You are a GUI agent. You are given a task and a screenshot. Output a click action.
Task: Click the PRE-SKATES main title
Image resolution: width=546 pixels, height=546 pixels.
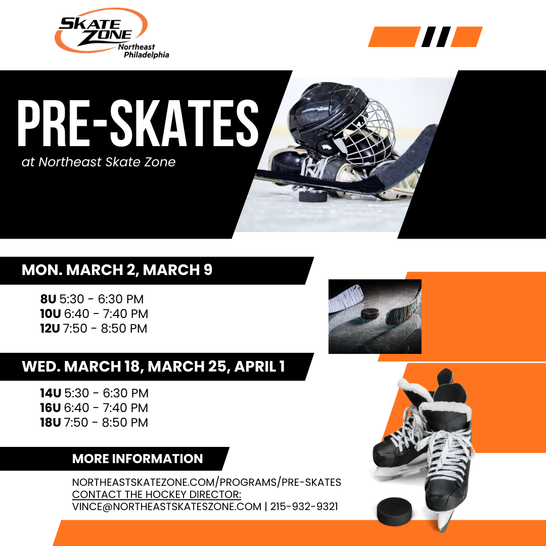pyautogui.click(x=138, y=122)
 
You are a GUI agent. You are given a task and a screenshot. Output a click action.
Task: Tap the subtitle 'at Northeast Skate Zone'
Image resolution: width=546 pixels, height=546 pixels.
pyautogui.click(x=99, y=162)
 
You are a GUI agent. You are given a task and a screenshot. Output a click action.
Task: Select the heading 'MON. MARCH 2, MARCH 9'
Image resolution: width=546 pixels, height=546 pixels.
pyautogui.click(x=117, y=270)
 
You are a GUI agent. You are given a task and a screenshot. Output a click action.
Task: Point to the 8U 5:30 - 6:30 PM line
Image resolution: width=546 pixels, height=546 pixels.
pyautogui.click(x=92, y=299)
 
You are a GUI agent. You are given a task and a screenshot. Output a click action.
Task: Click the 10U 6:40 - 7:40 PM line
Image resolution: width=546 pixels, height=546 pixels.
pyautogui.click(x=94, y=314)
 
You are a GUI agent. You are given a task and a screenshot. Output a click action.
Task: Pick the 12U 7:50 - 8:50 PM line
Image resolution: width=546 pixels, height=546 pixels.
pyautogui.click(x=94, y=329)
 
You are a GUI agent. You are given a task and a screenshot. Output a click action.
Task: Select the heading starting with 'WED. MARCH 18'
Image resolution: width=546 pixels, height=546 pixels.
pyautogui.click(x=153, y=367)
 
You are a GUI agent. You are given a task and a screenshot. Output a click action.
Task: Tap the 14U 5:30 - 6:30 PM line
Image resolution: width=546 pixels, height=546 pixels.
pyautogui.click(x=94, y=393)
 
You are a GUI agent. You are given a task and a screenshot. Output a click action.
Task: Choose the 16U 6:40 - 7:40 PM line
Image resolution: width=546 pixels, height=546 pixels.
pyautogui.click(x=94, y=408)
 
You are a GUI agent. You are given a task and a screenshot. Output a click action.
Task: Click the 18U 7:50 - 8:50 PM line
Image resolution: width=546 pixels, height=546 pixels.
pyautogui.click(x=94, y=423)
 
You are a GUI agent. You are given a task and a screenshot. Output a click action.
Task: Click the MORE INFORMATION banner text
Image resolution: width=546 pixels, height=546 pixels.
pyautogui.click(x=138, y=459)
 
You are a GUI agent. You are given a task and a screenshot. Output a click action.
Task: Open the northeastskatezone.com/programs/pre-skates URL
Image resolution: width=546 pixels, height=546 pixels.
pyautogui.click(x=206, y=482)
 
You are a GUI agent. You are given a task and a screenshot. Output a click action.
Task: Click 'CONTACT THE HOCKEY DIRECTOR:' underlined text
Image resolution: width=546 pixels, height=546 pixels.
pyautogui.click(x=157, y=494)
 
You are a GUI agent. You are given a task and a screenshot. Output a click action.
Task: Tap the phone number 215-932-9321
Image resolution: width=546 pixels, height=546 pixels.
pyautogui.click(x=304, y=507)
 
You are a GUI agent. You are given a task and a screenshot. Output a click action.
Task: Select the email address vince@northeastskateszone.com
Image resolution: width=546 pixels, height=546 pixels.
pyautogui.click(x=167, y=507)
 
